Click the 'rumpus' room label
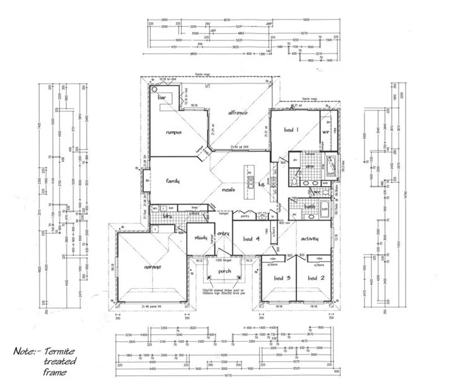[173, 133]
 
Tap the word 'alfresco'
[241, 112]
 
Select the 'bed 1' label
[291, 130]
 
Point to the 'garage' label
[153, 267]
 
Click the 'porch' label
[224, 272]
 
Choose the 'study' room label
[201, 237]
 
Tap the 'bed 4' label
[252, 238]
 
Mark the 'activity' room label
[309, 239]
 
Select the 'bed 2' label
[315, 278]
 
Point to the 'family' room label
[173, 181]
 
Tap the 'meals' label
[228, 189]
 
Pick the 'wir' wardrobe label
[327, 132]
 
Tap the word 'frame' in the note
[54, 372]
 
